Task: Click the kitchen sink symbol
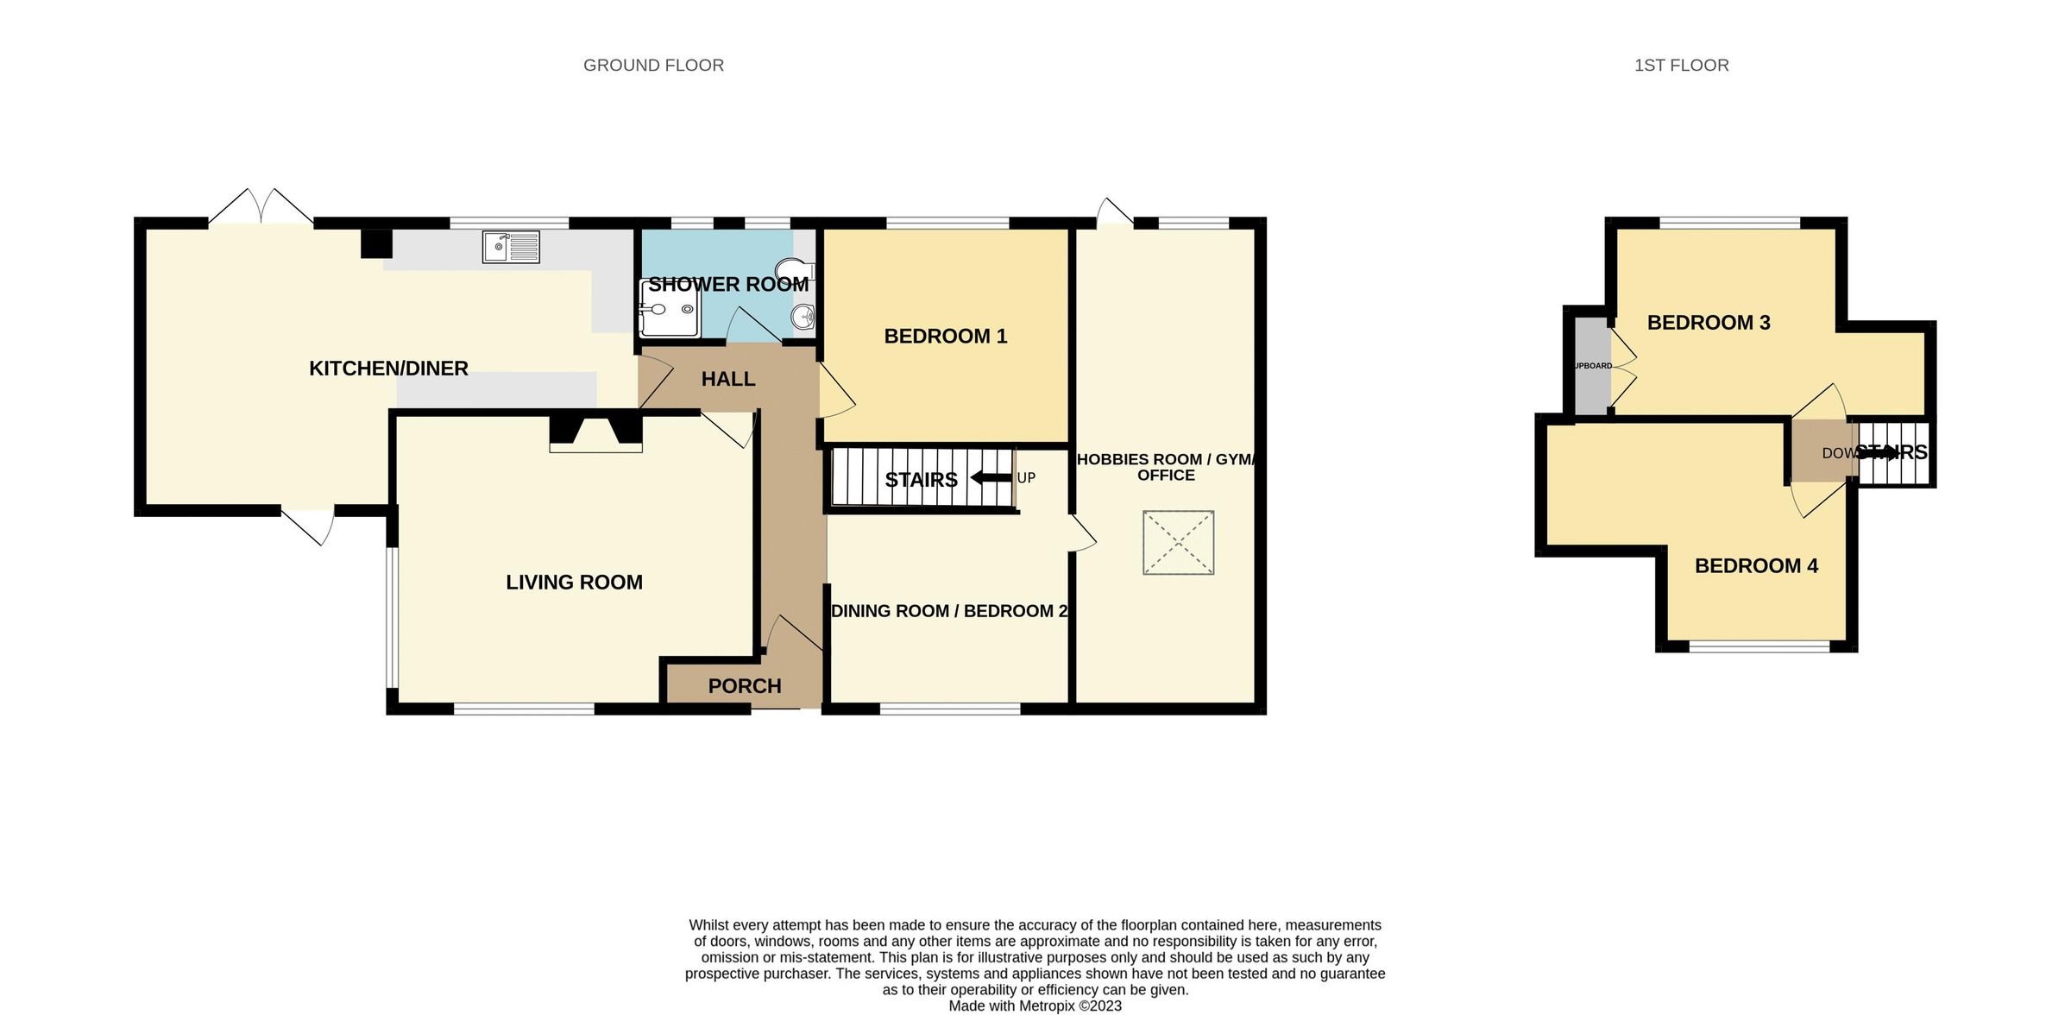point(511,247)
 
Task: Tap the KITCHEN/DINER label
point(388,369)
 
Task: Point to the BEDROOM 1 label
point(945,337)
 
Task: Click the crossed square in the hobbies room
point(1178,542)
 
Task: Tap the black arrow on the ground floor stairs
point(990,478)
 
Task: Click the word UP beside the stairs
point(1026,478)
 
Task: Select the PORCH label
point(744,686)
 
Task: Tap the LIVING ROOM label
point(574,583)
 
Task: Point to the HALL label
point(727,379)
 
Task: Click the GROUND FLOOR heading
point(653,66)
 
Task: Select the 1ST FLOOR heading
point(1681,66)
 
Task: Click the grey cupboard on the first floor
point(1592,366)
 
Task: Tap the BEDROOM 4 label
point(1756,566)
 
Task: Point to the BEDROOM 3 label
point(1708,323)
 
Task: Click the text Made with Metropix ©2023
point(1035,1006)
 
